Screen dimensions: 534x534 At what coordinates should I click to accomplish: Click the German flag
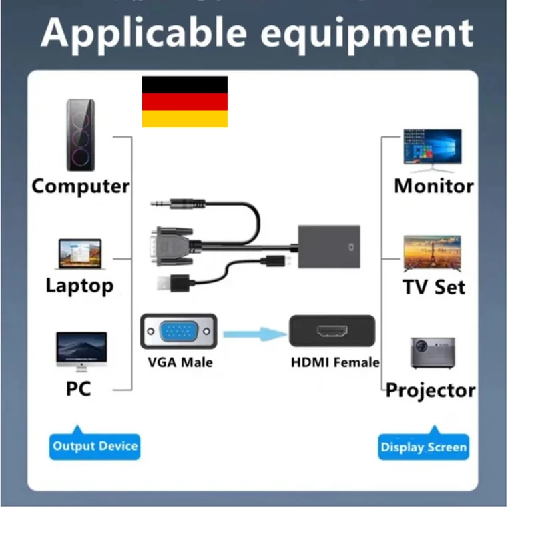(185, 101)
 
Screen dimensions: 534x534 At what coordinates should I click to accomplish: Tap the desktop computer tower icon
(81, 135)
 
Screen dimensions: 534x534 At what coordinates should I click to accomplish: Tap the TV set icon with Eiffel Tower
(432, 253)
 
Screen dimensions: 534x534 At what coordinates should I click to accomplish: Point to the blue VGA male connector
(178, 331)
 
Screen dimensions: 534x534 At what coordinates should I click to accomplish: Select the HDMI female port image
(332, 332)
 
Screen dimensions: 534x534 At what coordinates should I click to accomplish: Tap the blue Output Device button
(95, 446)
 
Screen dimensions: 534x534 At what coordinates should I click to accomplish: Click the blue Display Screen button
(424, 447)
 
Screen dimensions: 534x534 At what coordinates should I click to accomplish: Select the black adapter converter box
(329, 245)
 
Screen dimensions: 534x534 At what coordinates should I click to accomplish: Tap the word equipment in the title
(366, 31)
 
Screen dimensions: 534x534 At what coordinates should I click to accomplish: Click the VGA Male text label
(180, 363)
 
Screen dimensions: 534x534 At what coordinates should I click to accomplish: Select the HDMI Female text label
(335, 363)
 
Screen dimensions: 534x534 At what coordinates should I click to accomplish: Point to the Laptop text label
(79, 286)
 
